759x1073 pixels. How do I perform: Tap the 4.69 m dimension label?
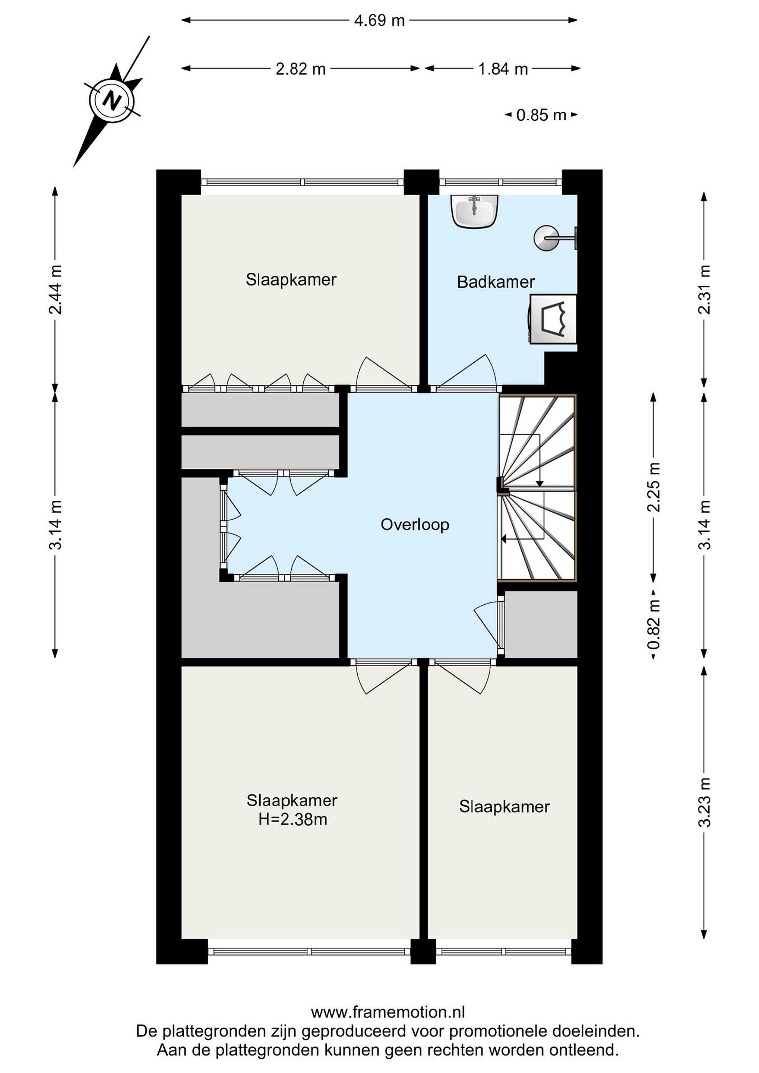coord(379,21)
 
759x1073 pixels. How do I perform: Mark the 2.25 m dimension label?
coord(654,487)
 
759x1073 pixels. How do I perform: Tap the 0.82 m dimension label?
coord(654,625)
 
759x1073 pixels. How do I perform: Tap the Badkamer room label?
coord(496,282)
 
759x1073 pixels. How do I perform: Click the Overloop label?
coord(415,525)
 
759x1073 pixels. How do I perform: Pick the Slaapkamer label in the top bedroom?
coord(291,280)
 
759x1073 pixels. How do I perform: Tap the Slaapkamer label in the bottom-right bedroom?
coord(504,807)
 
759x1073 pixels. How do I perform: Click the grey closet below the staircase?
coord(541,624)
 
